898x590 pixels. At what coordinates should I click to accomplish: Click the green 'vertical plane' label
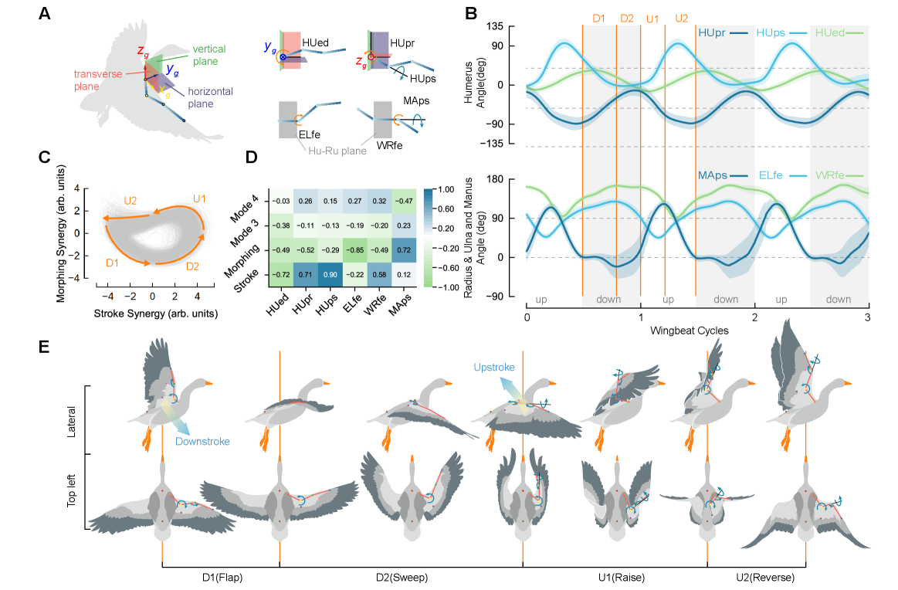[205, 55]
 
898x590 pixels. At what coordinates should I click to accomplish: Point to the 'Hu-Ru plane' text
[332, 151]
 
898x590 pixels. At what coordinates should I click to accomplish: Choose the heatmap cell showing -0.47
[404, 201]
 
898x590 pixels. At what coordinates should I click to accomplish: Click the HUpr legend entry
[723, 33]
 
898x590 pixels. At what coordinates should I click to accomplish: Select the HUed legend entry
[840, 33]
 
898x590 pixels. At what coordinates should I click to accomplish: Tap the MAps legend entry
[723, 175]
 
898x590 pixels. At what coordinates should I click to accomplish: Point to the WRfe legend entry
[840, 175]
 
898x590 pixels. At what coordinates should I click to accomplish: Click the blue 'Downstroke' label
[202, 442]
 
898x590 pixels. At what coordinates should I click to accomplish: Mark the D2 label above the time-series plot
[626, 19]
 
